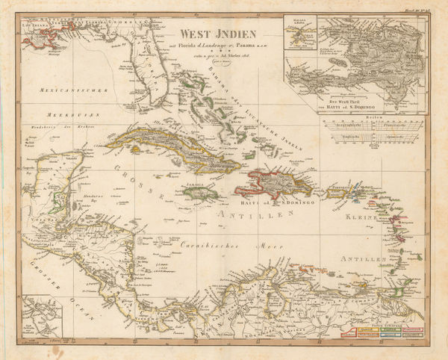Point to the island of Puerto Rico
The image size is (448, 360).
pyautogui.click(x=335, y=184)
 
